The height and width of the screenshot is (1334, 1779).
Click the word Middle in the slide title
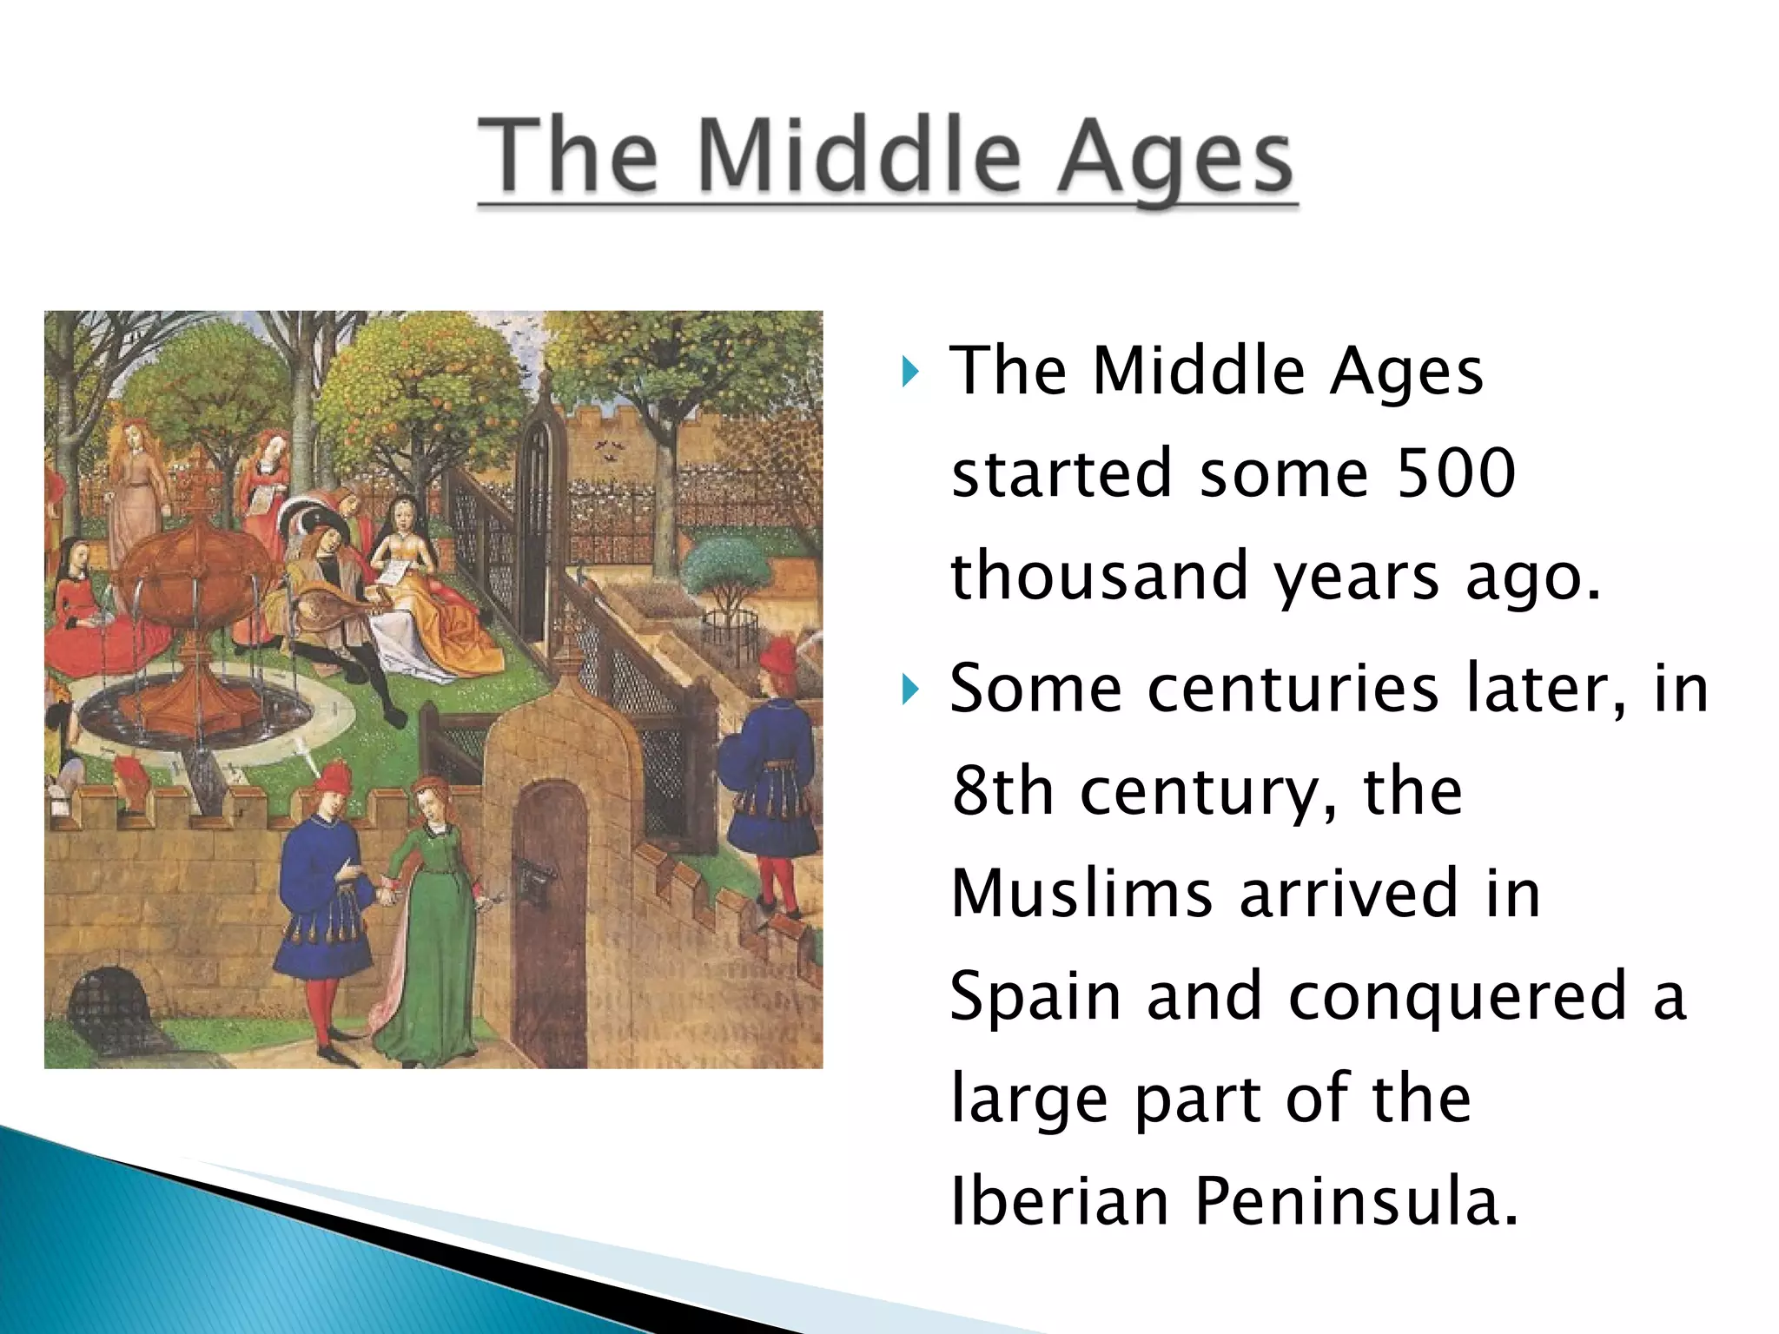[858, 156]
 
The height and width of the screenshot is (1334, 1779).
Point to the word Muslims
[1081, 893]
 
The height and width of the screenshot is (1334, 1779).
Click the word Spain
[1035, 997]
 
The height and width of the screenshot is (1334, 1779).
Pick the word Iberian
[1060, 1201]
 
